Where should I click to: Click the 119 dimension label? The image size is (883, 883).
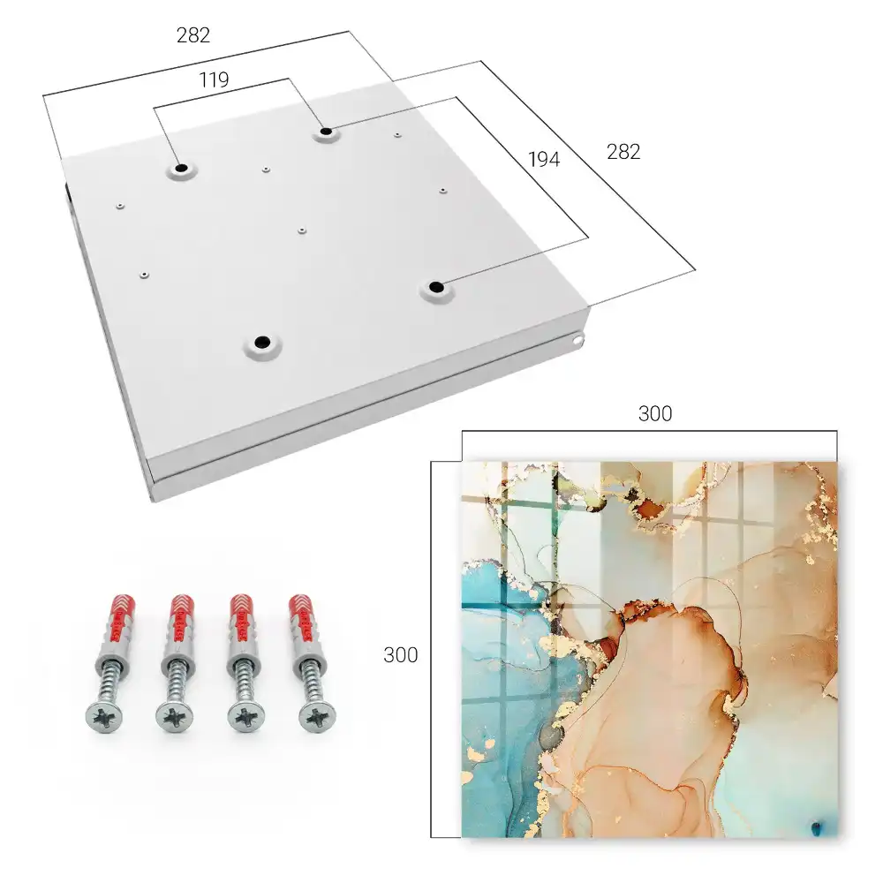point(214,80)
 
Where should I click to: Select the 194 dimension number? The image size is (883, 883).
point(544,160)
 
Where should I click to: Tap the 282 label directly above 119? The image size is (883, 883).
point(193,35)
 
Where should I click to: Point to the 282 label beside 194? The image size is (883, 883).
point(623,152)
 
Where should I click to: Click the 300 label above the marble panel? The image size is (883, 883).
point(655,414)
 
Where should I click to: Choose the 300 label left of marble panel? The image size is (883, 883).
point(400,655)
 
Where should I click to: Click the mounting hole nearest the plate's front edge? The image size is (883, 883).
point(262,343)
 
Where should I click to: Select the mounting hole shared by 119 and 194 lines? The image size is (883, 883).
point(326,132)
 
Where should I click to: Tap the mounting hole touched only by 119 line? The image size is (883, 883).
point(181,169)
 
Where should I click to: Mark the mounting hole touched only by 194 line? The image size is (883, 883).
point(434,287)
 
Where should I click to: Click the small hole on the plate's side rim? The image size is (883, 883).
point(577,340)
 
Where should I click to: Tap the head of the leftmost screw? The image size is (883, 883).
point(104,718)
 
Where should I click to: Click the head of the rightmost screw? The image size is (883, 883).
point(317,717)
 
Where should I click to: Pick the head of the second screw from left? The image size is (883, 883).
point(174,718)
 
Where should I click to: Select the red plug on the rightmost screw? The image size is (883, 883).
point(304,618)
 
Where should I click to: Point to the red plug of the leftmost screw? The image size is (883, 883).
point(119,618)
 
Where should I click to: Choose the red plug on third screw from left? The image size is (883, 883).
point(244,618)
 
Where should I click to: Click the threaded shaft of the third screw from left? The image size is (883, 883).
point(245,683)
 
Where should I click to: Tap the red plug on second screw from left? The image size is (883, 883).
point(183,618)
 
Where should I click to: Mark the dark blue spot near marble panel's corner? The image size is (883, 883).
point(816,828)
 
